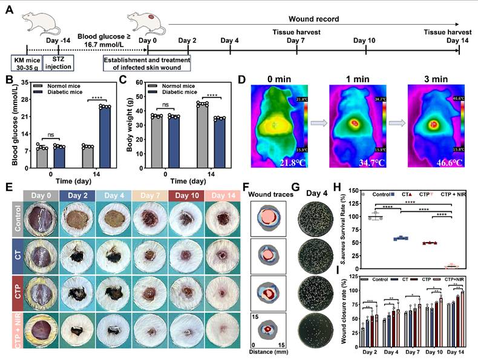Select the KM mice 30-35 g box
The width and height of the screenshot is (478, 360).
[26, 62]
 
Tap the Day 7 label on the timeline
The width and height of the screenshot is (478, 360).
[295, 40]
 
